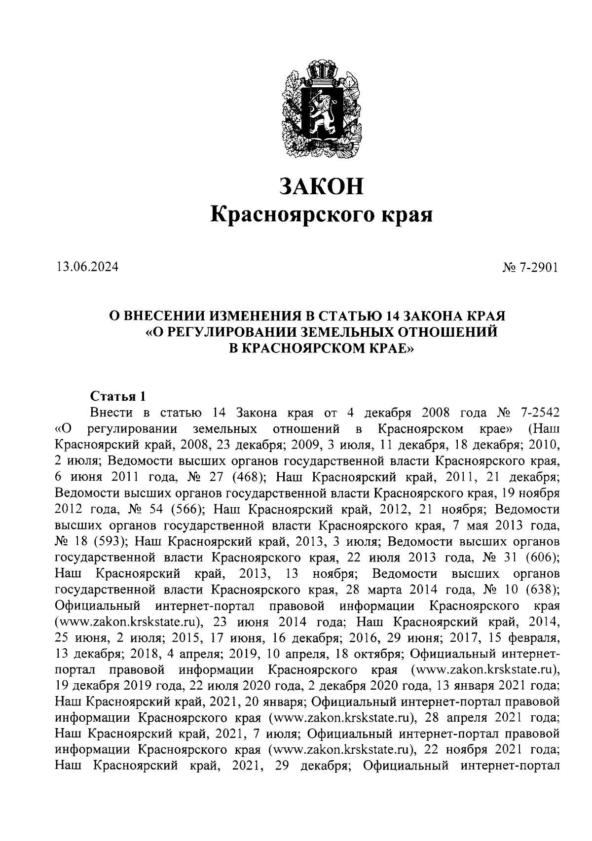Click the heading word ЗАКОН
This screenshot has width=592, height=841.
[321, 186]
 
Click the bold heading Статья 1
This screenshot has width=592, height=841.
[118, 396]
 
